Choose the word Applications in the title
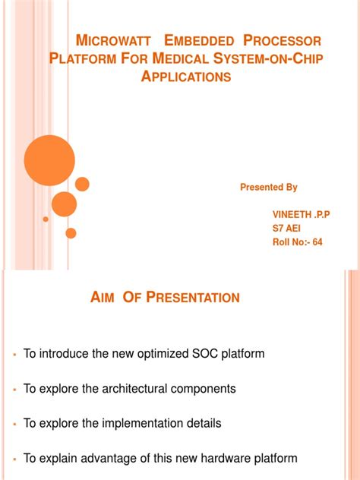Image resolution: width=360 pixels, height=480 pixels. click(186, 77)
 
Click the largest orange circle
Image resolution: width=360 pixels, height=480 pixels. click(49, 159)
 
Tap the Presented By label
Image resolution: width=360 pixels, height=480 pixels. click(268, 187)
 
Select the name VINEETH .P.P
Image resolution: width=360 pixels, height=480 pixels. click(302, 215)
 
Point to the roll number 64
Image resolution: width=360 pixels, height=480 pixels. click(317, 242)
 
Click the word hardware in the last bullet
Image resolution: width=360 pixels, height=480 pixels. click(227, 458)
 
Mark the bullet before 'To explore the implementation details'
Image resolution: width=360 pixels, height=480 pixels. click(14, 424)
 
